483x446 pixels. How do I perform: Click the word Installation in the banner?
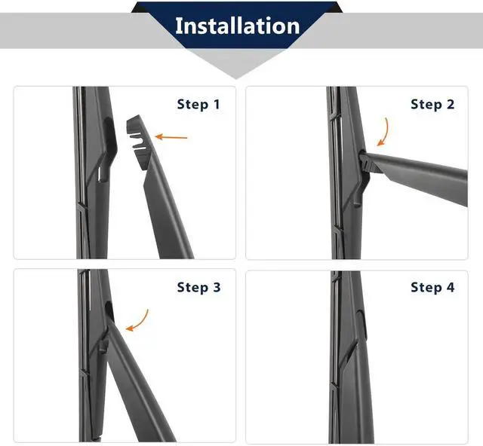coord(237,26)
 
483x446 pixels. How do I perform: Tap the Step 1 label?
coord(198,105)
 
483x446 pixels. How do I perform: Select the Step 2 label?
coord(432,105)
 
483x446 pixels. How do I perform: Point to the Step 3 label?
coord(198,287)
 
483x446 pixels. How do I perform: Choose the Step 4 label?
coord(432,287)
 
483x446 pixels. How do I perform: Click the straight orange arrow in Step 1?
coord(171,137)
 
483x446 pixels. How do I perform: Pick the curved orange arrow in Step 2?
coord(384,132)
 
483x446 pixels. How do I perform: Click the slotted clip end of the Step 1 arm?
coord(137,142)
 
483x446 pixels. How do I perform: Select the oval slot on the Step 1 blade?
coord(109,133)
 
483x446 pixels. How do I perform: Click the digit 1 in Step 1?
coord(217,105)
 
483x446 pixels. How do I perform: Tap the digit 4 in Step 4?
coord(451,287)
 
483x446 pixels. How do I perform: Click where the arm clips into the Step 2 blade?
coord(365,160)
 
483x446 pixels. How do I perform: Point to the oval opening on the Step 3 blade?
coord(109,310)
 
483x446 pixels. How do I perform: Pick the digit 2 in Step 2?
coord(451,105)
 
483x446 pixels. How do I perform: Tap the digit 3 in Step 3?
coord(217,287)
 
